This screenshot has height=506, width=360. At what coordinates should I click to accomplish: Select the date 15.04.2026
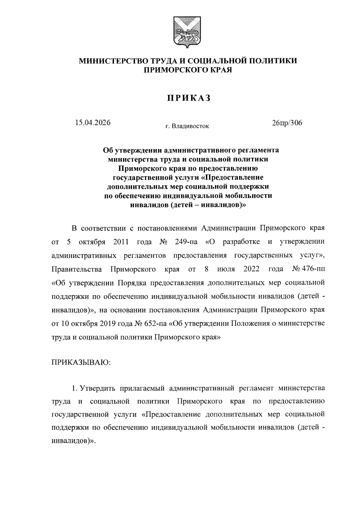pos(93,123)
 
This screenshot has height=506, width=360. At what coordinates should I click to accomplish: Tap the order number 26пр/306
pos(287,123)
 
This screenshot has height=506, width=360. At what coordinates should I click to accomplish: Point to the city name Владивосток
pos(191,126)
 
